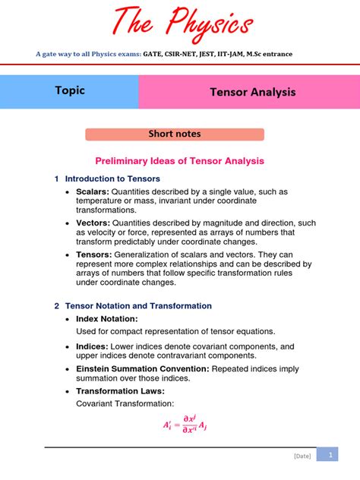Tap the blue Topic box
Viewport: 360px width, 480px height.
tap(69, 91)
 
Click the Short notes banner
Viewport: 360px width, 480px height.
tap(174, 134)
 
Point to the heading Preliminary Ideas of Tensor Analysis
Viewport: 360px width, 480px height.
tap(179, 161)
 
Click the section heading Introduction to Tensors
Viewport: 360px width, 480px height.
tap(112, 178)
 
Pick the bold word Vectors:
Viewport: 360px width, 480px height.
tap(93, 223)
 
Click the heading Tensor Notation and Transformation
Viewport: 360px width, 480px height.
tap(138, 305)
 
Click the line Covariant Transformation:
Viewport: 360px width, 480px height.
tap(125, 403)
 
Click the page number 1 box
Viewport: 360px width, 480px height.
tap(330, 454)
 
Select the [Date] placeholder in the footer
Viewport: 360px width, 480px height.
tap(302, 456)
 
